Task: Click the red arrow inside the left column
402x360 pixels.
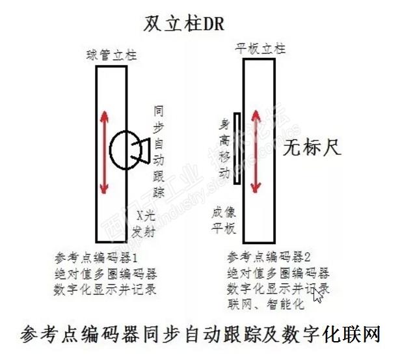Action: coord(103,153)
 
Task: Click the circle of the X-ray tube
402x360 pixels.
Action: coord(123,150)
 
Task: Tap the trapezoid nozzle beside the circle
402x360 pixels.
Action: coord(144,150)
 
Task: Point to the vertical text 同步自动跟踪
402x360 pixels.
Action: coord(158,150)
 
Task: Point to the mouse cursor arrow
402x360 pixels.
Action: coord(317,294)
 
